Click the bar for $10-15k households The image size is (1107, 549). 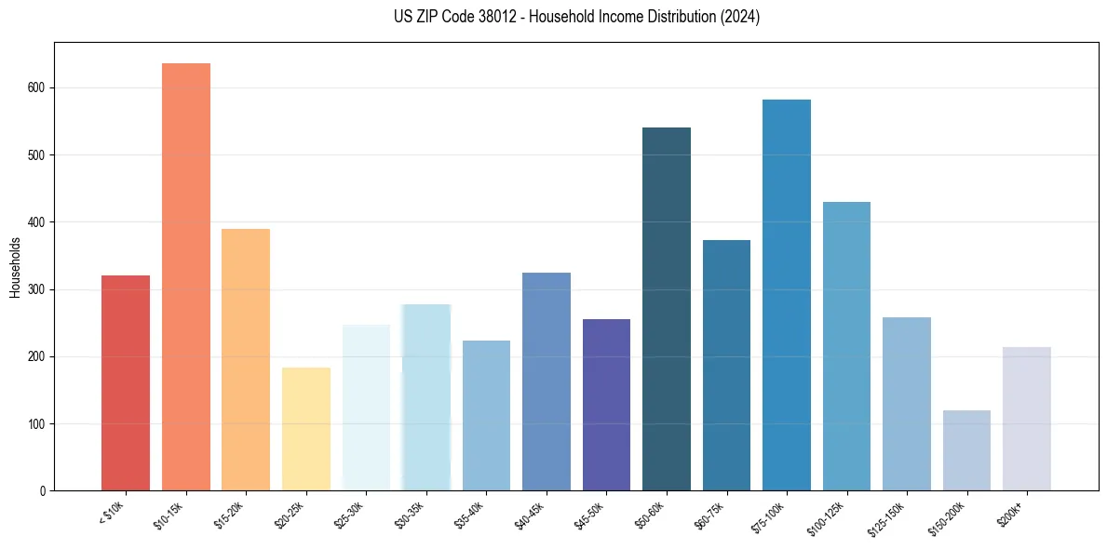point(186,279)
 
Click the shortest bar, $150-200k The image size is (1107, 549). point(966,451)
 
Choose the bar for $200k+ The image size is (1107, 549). point(1027,420)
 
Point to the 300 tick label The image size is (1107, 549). point(36,290)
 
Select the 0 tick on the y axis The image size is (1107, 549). point(42,491)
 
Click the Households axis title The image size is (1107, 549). point(15,266)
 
